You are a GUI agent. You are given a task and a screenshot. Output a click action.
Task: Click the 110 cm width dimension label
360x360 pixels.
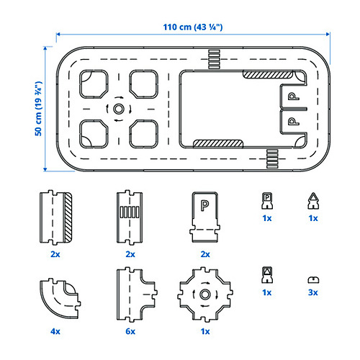[x=193, y=27]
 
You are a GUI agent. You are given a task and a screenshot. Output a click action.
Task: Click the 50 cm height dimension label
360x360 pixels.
[x=38, y=109]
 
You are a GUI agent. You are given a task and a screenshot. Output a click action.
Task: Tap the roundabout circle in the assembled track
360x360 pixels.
[x=118, y=109]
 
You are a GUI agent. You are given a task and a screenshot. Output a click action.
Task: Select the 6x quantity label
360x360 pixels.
[x=130, y=331]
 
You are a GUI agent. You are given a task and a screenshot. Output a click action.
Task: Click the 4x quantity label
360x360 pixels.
[x=55, y=331]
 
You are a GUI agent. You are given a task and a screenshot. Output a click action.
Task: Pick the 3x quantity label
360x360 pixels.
[x=313, y=292]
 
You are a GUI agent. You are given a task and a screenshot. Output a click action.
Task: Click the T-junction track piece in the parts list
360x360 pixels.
[x=137, y=294]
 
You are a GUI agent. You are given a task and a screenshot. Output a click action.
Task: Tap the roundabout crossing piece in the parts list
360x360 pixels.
[x=205, y=294]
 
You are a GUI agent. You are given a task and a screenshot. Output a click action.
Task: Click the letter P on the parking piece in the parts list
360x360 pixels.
[x=204, y=206]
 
